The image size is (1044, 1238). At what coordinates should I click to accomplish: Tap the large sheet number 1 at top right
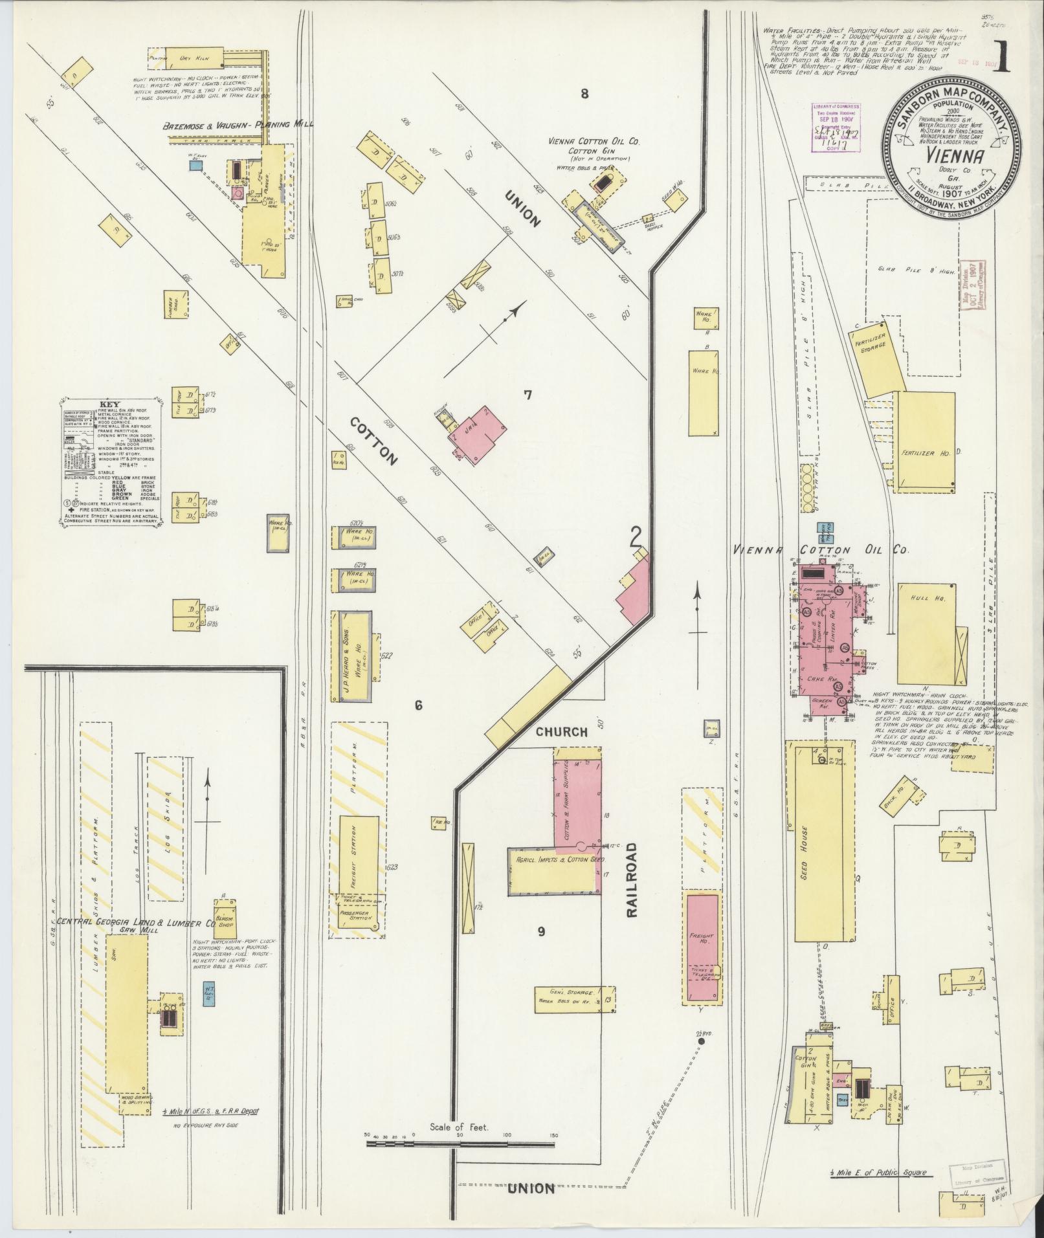click(x=1003, y=57)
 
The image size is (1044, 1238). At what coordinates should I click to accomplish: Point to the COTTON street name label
click(x=373, y=441)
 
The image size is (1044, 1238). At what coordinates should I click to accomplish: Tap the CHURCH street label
click(x=561, y=732)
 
